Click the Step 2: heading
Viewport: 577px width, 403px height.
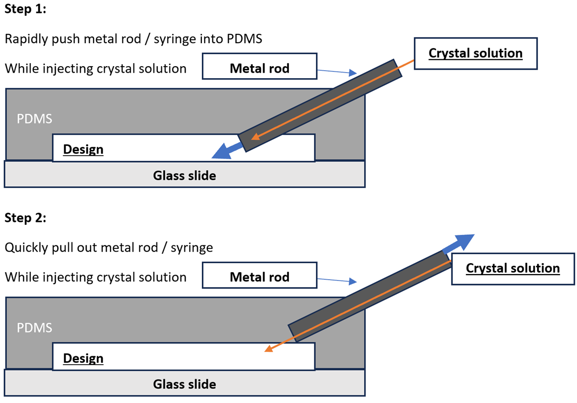pos(25,218)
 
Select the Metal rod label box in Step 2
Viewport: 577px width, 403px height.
pos(259,277)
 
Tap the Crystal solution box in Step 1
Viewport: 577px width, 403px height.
pos(475,53)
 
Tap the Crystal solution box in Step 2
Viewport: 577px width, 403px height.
pos(513,268)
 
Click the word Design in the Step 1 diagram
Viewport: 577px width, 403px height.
pos(83,149)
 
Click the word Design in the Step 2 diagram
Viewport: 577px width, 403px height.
pos(83,358)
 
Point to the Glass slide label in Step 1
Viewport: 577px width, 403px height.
pos(184,175)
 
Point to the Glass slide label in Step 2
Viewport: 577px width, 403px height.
pos(184,384)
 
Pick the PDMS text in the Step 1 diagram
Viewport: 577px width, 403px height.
pos(34,119)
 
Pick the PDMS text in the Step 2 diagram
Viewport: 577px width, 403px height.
pos(34,328)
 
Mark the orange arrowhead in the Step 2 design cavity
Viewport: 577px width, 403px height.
pos(269,348)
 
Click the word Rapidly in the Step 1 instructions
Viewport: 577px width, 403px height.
pos(23,39)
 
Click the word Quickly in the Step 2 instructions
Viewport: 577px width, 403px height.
pos(23,247)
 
